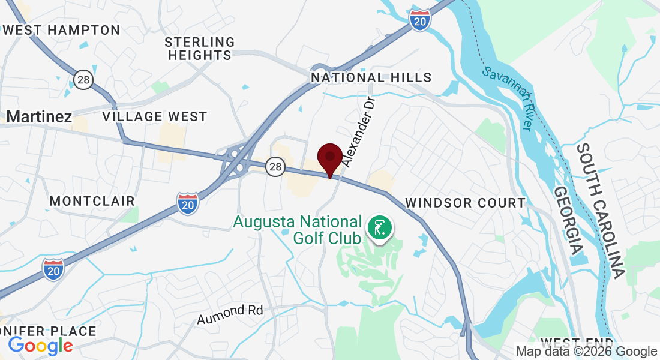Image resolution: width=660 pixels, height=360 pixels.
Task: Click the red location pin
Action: pyautogui.click(x=329, y=158)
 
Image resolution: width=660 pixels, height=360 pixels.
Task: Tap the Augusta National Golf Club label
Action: pyautogui.click(x=297, y=229)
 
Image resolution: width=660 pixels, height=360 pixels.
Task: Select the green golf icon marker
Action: pyautogui.click(x=380, y=228)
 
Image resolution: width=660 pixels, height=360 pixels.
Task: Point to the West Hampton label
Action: pyautogui.click(x=61, y=30)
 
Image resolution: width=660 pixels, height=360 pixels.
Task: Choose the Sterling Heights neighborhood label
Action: pyautogui.click(x=199, y=49)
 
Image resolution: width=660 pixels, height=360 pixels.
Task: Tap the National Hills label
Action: pyautogui.click(x=371, y=77)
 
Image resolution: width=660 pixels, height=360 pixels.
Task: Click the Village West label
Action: pyautogui.click(x=154, y=116)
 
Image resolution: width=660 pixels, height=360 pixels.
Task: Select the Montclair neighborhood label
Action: pyautogui.click(x=92, y=201)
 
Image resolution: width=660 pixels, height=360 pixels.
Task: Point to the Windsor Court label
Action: pyautogui.click(x=465, y=203)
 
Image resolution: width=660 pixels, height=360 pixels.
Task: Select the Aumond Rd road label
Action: pyautogui.click(x=230, y=314)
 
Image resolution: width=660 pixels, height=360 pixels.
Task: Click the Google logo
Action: pyautogui.click(x=40, y=346)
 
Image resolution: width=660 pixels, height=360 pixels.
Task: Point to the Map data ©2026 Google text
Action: pyautogui.click(x=586, y=352)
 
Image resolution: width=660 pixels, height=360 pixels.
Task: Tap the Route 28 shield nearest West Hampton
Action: pyautogui.click(x=83, y=79)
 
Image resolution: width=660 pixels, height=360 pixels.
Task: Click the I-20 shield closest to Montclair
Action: pyautogui.click(x=187, y=203)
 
